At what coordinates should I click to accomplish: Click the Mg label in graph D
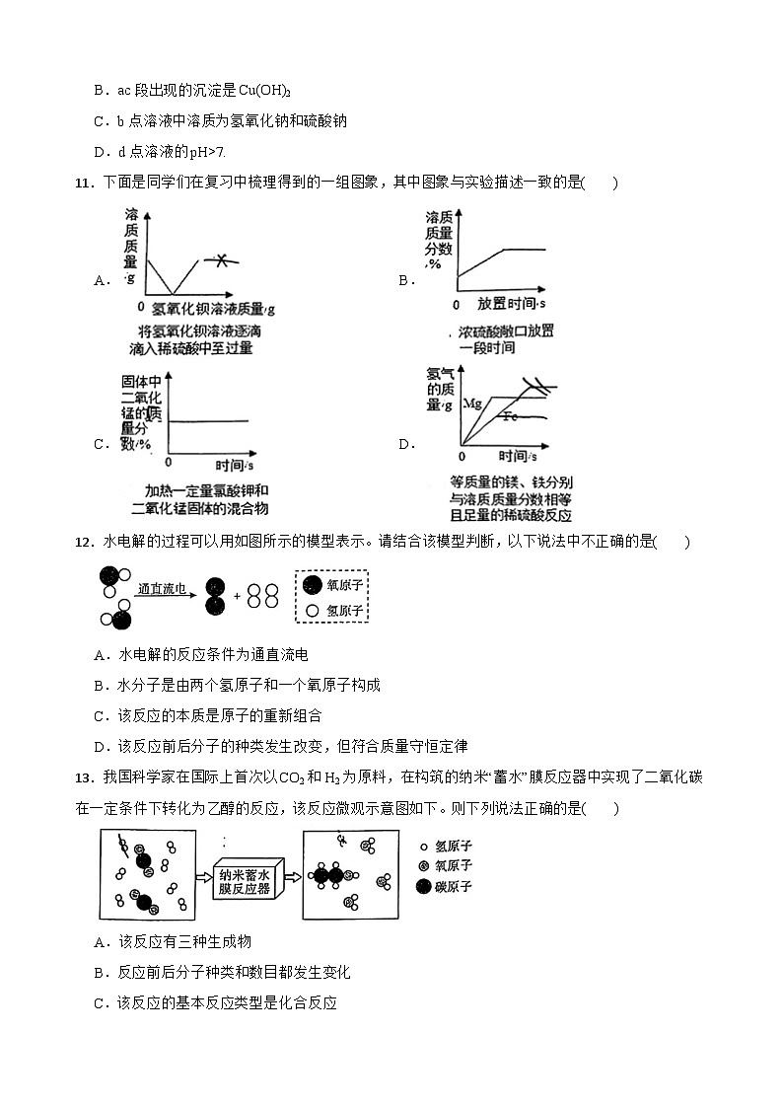[x=471, y=404]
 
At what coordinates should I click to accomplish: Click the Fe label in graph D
[x=510, y=416]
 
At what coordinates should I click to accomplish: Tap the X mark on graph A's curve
[x=223, y=260]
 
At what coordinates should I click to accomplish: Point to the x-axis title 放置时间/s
[x=512, y=304]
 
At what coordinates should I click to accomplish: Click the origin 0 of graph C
[x=168, y=461]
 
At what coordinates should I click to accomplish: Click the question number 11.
[x=83, y=183]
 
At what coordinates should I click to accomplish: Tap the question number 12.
[x=83, y=542]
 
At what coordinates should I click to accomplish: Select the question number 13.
[x=83, y=778]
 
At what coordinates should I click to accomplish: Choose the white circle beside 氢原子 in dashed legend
[x=313, y=611]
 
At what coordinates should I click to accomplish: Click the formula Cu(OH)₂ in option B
[x=264, y=91]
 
